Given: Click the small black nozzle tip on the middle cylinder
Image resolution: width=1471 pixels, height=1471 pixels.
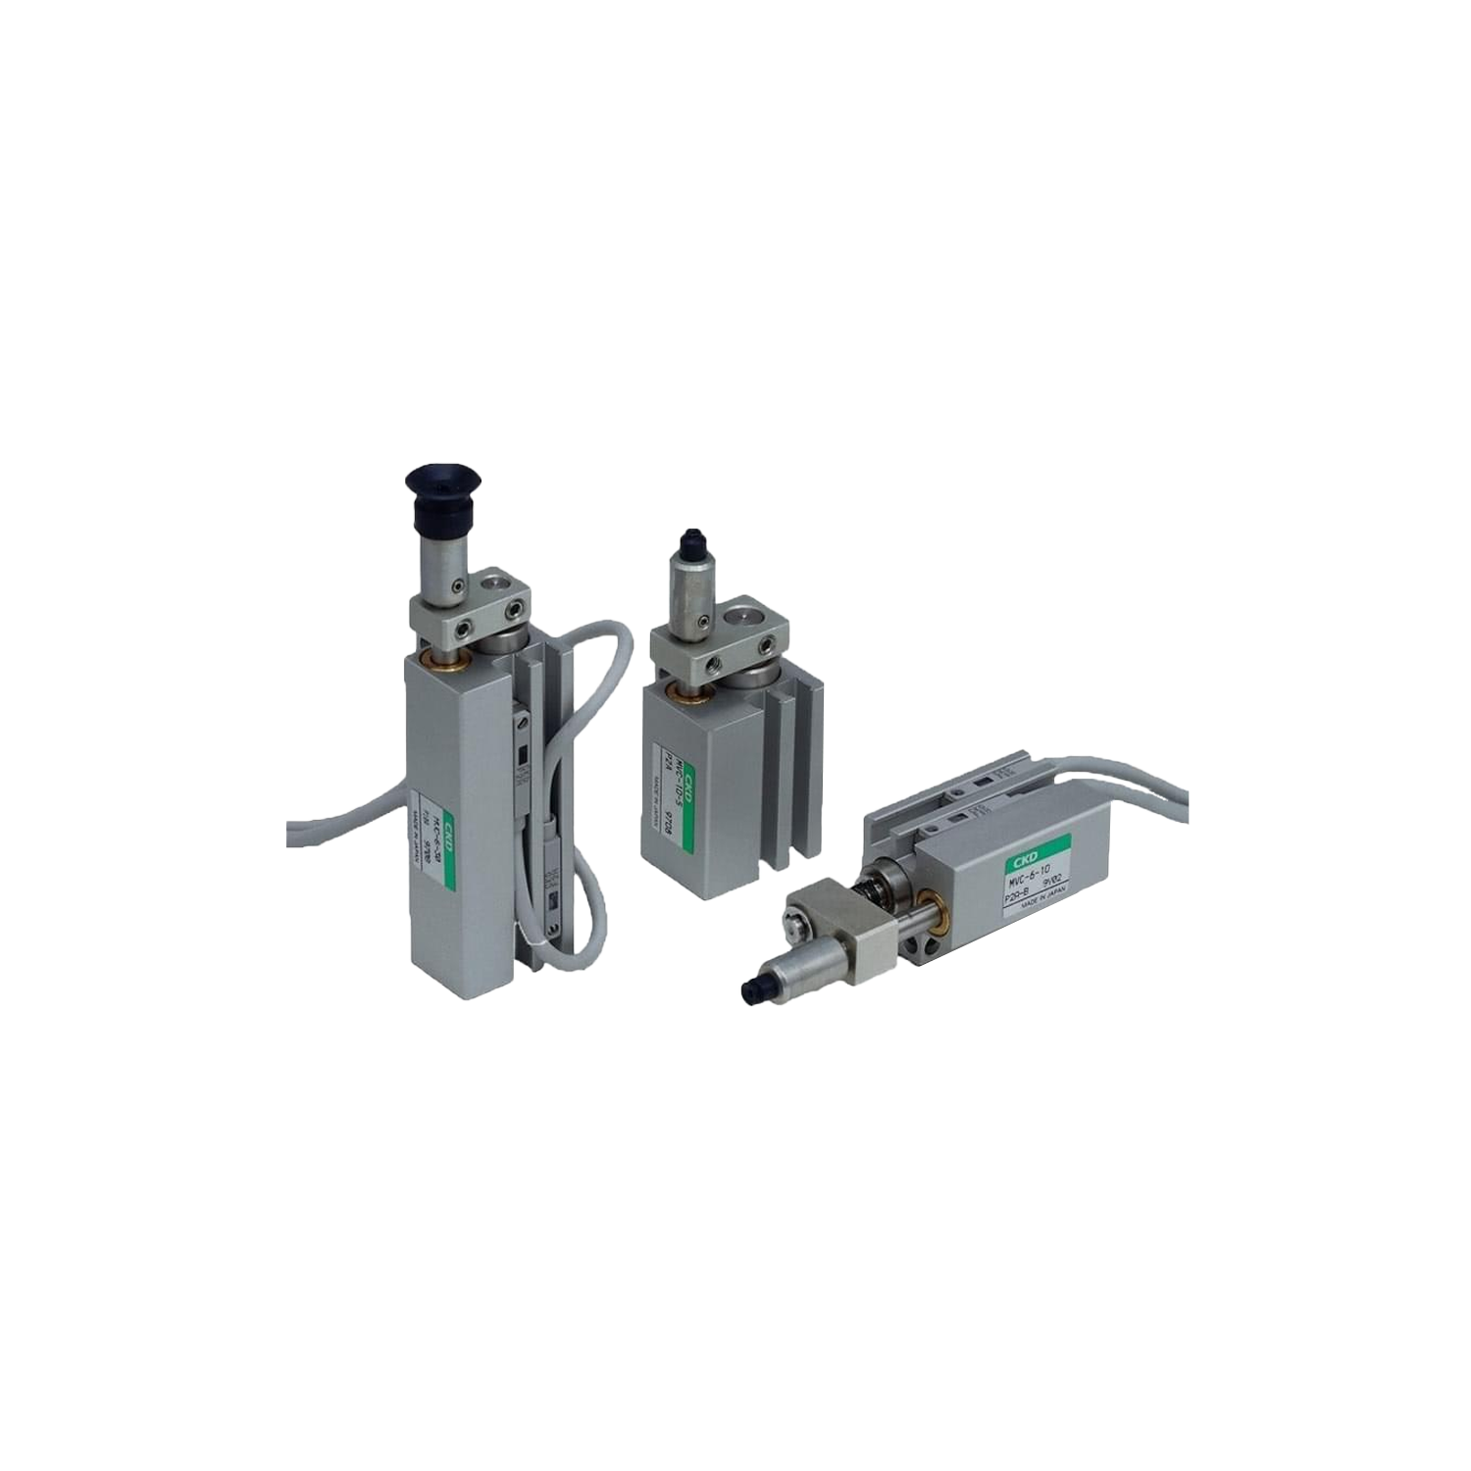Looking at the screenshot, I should [692, 538].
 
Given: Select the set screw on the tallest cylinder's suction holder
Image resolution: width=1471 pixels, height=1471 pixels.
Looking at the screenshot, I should [457, 586].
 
